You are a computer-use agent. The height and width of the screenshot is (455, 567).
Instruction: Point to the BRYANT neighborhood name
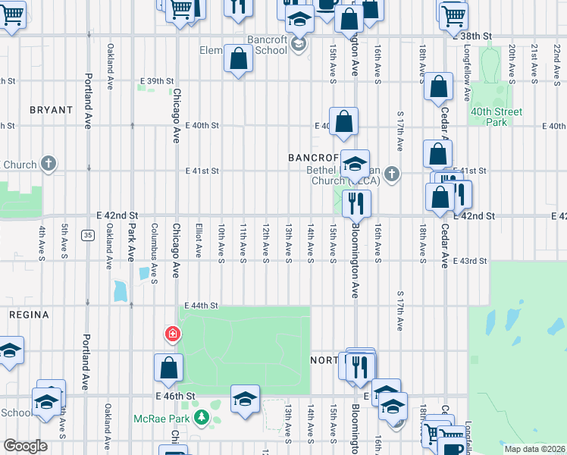(51, 110)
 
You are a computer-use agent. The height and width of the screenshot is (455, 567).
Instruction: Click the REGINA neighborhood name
(29, 314)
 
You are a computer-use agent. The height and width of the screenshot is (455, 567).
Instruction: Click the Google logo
(24, 446)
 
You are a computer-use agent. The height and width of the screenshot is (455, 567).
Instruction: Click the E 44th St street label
(202, 306)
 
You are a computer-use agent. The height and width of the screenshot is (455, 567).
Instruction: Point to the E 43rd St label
(469, 261)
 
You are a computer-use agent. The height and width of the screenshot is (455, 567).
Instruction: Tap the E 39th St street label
(157, 81)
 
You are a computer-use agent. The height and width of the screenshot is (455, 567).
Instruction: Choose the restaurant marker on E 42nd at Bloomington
(356, 203)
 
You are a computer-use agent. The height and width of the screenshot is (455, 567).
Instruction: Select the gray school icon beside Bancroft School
(299, 45)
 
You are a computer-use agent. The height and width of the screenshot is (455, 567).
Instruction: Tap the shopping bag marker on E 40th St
(343, 121)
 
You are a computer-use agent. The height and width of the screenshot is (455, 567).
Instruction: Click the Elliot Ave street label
(199, 239)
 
